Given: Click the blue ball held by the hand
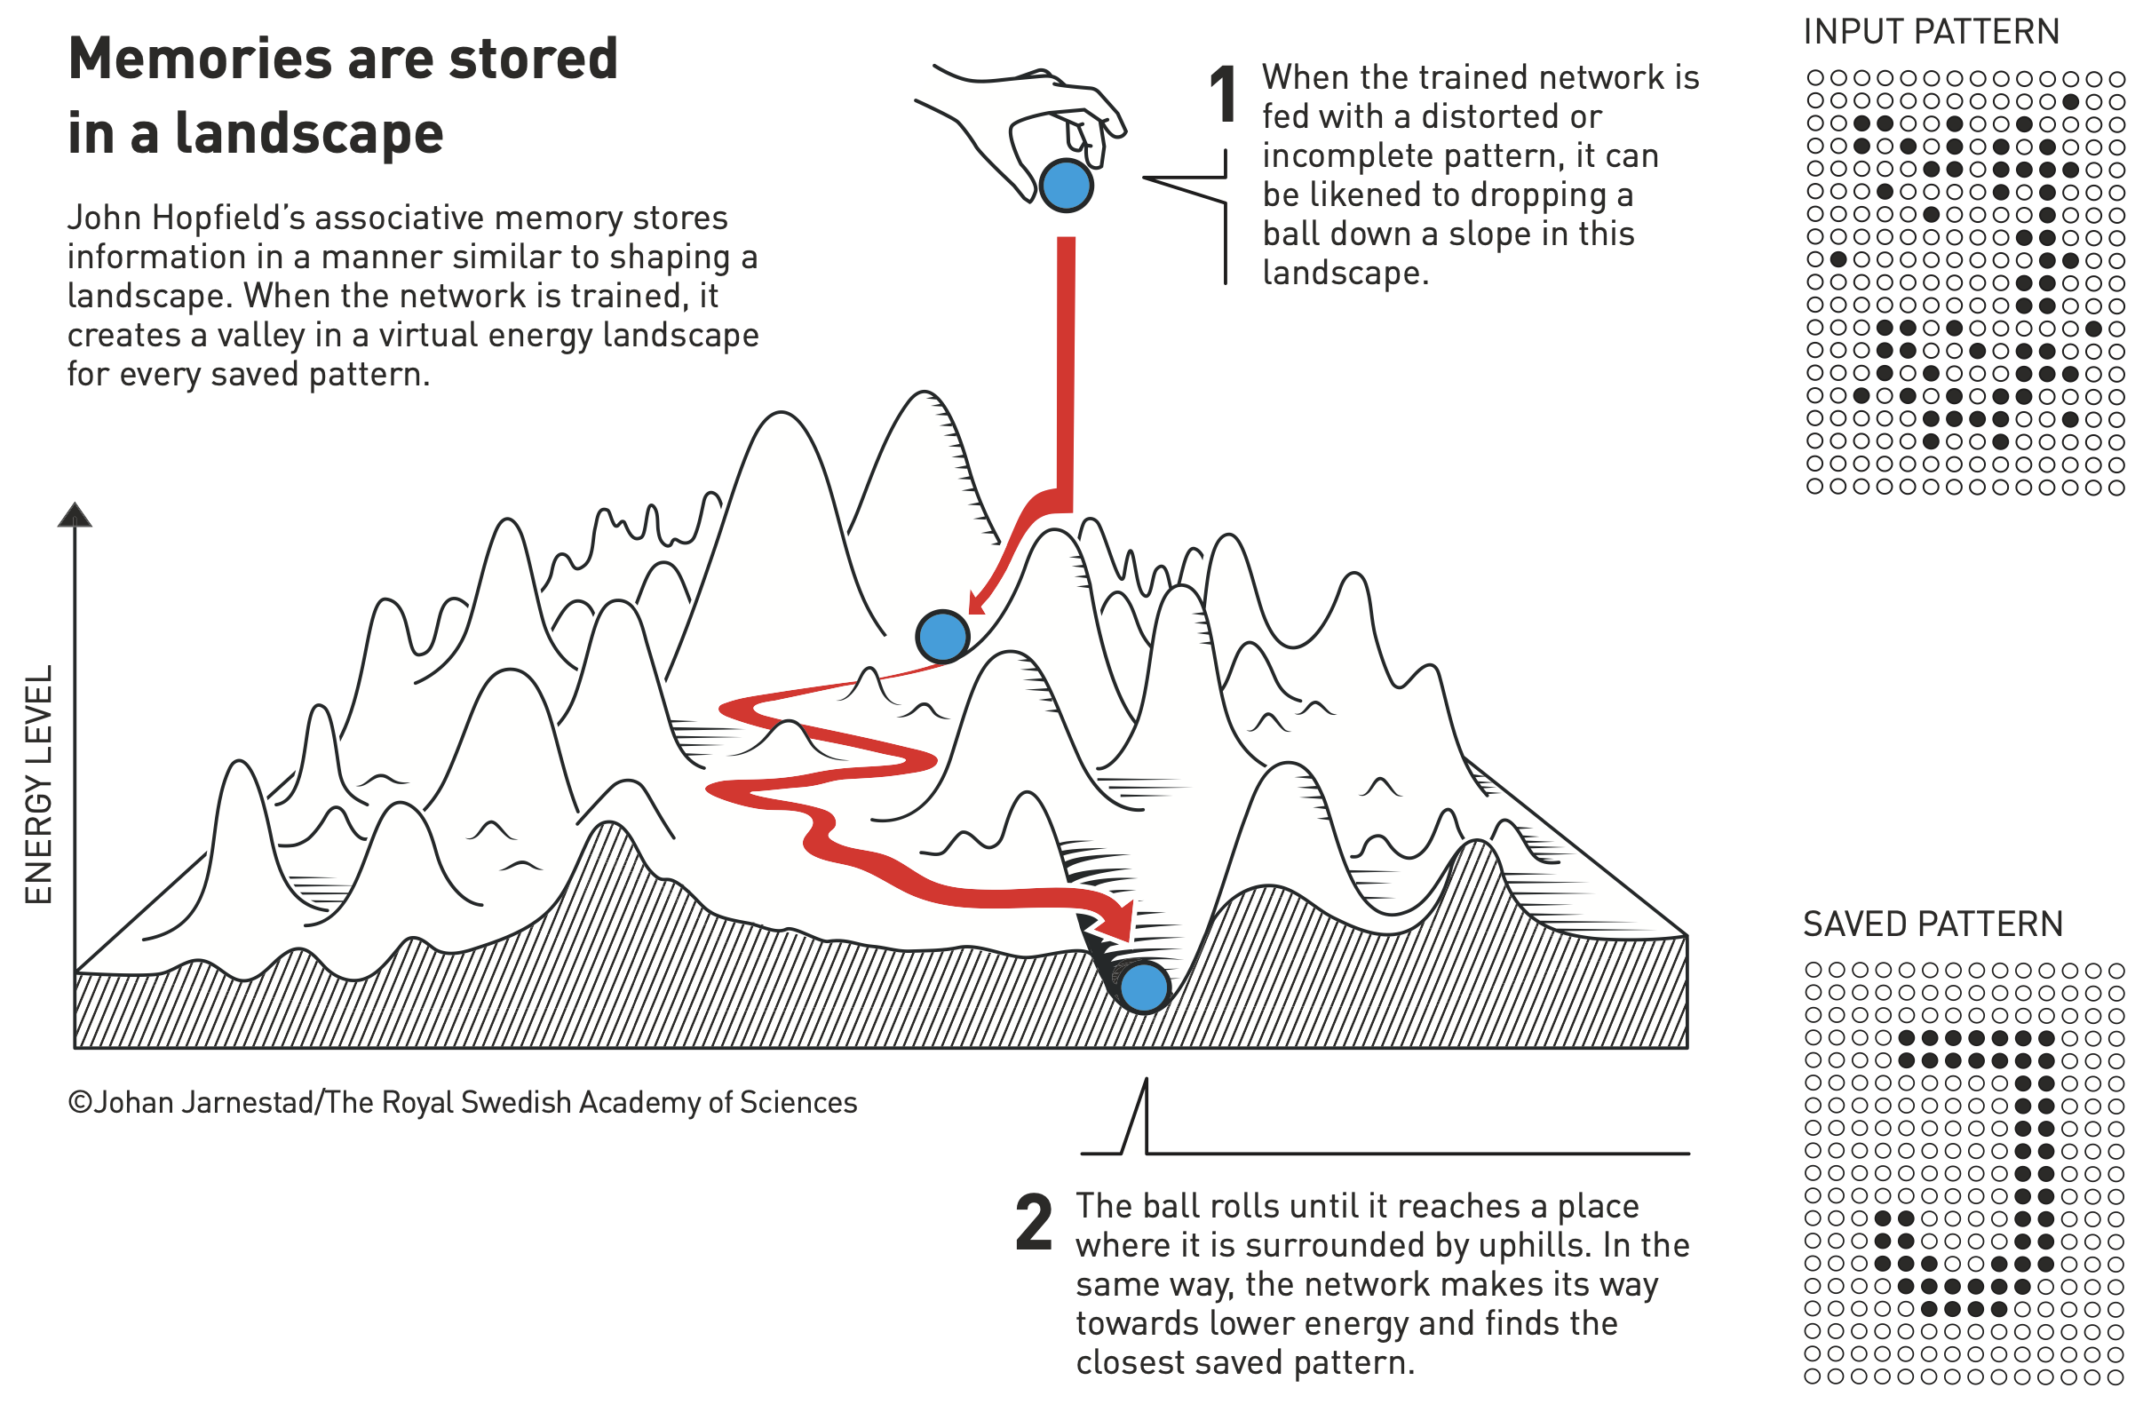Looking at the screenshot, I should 1067,186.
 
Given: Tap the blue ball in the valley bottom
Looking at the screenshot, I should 1143,987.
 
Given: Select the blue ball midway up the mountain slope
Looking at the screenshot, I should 942,637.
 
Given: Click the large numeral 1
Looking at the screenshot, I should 1224,95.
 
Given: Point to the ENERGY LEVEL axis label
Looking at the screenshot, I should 38,785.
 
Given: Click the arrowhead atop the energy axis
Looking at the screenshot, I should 74,515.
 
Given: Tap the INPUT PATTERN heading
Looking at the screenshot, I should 1931,33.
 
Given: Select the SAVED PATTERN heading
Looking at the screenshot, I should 1933,924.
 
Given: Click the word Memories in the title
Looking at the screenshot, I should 201,59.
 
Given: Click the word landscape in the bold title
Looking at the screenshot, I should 308,134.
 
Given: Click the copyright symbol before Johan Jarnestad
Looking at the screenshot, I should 80,1103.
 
